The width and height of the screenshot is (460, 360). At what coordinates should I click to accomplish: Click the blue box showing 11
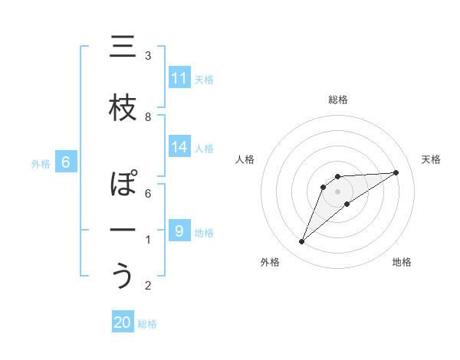(179, 77)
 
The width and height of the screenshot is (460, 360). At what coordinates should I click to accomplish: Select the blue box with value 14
(179, 147)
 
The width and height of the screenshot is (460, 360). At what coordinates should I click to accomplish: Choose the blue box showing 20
(123, 322)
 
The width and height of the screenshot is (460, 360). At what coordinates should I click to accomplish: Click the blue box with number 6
(66, 162)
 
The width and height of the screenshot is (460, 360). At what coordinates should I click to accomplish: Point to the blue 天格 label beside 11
(204, 79)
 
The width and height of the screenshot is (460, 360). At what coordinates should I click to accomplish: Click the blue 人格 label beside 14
(204, 148)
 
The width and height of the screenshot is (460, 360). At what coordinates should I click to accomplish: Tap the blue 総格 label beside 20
(147, 324)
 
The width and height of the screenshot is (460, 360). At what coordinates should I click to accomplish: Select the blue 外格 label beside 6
(41, 163)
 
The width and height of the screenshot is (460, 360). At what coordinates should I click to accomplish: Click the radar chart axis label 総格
(337, 100)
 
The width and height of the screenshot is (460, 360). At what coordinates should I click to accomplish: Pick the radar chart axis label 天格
(432, 159)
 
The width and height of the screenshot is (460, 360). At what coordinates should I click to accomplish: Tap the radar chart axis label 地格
(402, 263)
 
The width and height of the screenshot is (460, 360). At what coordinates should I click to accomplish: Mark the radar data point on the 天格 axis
(396, 172)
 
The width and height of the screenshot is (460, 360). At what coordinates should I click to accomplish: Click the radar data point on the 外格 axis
(301, 242)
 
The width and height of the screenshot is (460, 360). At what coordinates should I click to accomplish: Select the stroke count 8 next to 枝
(148, 116)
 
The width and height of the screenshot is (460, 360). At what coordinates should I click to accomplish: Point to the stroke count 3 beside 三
(148, 56)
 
